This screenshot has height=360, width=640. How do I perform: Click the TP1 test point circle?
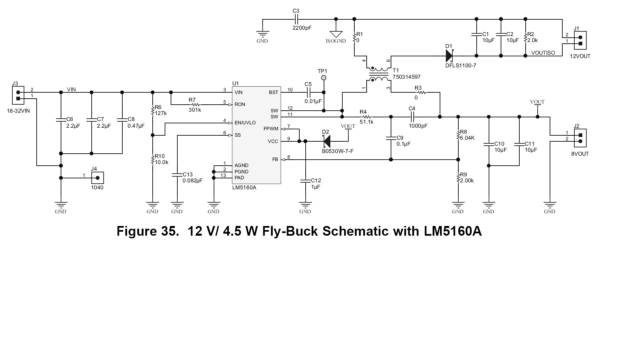(x=323, y=78)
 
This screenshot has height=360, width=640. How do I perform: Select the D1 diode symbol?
(x=449, y=56)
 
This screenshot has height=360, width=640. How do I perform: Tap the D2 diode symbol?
(x=327, y=141)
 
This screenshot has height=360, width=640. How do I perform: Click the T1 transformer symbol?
(x=378, y=74)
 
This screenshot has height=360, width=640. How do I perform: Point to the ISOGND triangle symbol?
(x=336, y=34)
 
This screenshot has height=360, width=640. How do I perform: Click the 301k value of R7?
(x=195, y=110)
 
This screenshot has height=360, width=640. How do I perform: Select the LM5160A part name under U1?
(x=244, y=188)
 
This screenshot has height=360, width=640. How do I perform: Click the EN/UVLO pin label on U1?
(x=245, y=123)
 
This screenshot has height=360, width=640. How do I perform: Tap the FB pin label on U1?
(x=275, y=160)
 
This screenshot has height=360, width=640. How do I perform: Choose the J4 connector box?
(x=97, y=178)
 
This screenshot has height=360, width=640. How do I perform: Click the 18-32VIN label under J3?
(x=18, y=111)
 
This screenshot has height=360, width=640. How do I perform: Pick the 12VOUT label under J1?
(x=580, y=56)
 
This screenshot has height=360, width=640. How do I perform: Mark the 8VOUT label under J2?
(x=580, y=154)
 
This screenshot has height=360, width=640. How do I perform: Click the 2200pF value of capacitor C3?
(x=302, y=28)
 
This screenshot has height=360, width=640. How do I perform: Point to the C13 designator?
(x=188, y=175)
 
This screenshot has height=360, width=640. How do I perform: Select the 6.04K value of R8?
(x=467, y=138)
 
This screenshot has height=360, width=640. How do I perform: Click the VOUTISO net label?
(x=543, y=53)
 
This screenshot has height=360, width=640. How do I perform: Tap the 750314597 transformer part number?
(x=406, y=77)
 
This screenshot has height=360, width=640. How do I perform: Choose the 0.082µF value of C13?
(x=192, y=181)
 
